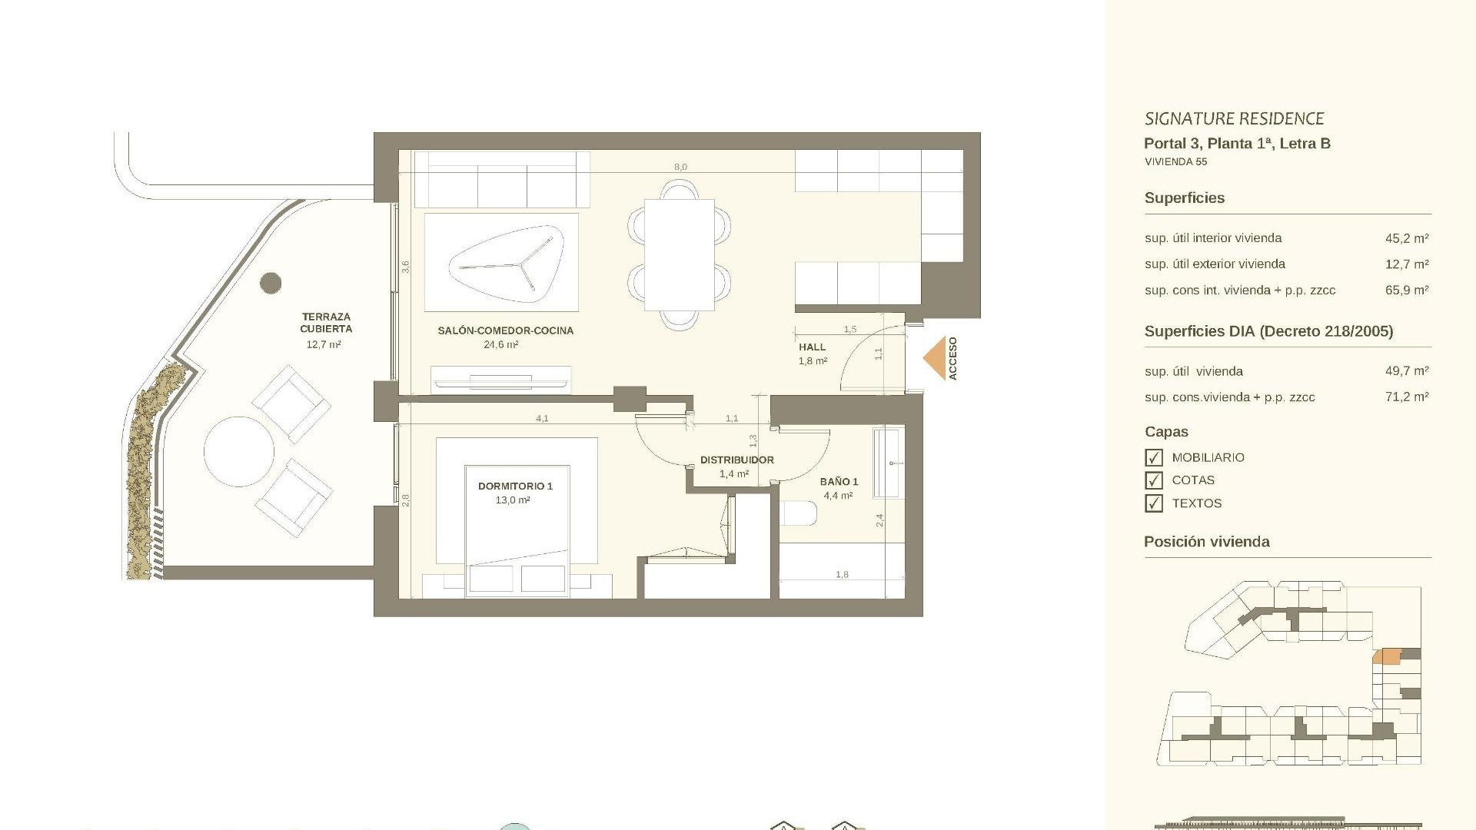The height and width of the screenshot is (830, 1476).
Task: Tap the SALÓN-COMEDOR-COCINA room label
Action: pos(505,330)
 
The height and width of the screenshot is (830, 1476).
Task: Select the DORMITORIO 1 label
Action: pos(514,486)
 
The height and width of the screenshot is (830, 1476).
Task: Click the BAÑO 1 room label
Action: pos(838,482)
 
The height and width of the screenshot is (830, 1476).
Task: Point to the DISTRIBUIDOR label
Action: pos(736,460)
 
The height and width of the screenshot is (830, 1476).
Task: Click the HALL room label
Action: pos(812,347)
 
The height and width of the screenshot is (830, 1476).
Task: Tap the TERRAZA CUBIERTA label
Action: pos(326,322)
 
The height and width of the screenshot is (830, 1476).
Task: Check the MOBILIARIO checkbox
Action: pos(1153,458)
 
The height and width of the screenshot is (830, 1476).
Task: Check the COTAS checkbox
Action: pos(1153,480)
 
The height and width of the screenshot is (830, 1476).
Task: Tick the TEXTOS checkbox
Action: pos(1153,503)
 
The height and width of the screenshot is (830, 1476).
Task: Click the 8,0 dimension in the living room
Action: pos(680,167)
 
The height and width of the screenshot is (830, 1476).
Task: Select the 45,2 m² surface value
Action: pos(1406,238)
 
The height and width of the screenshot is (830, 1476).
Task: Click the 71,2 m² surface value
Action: pos(1406,397)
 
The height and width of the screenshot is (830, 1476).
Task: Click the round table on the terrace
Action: pos(239,452)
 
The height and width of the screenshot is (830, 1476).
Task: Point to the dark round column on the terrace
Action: pos(271,283)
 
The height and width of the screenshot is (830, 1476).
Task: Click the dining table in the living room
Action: pos(679,254)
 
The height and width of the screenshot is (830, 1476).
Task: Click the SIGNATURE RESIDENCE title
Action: pos(1234,118)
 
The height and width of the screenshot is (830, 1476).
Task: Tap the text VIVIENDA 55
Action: pos(1175,162)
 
